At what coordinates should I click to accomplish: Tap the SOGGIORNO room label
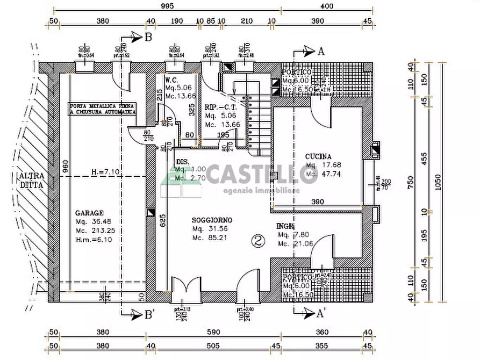tap(212, 220)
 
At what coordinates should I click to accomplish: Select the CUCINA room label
tap(319, 156)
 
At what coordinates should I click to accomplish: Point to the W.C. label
tap(172, 80)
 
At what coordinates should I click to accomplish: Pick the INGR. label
tap(285, 226)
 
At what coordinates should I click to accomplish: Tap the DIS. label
tap(183, 161)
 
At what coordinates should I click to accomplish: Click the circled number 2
tap(258, 241)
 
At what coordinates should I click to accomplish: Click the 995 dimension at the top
tap(167, 6)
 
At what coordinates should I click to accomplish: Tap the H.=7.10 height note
tap(102, 172)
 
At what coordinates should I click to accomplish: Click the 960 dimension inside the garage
tap(65, 168)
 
